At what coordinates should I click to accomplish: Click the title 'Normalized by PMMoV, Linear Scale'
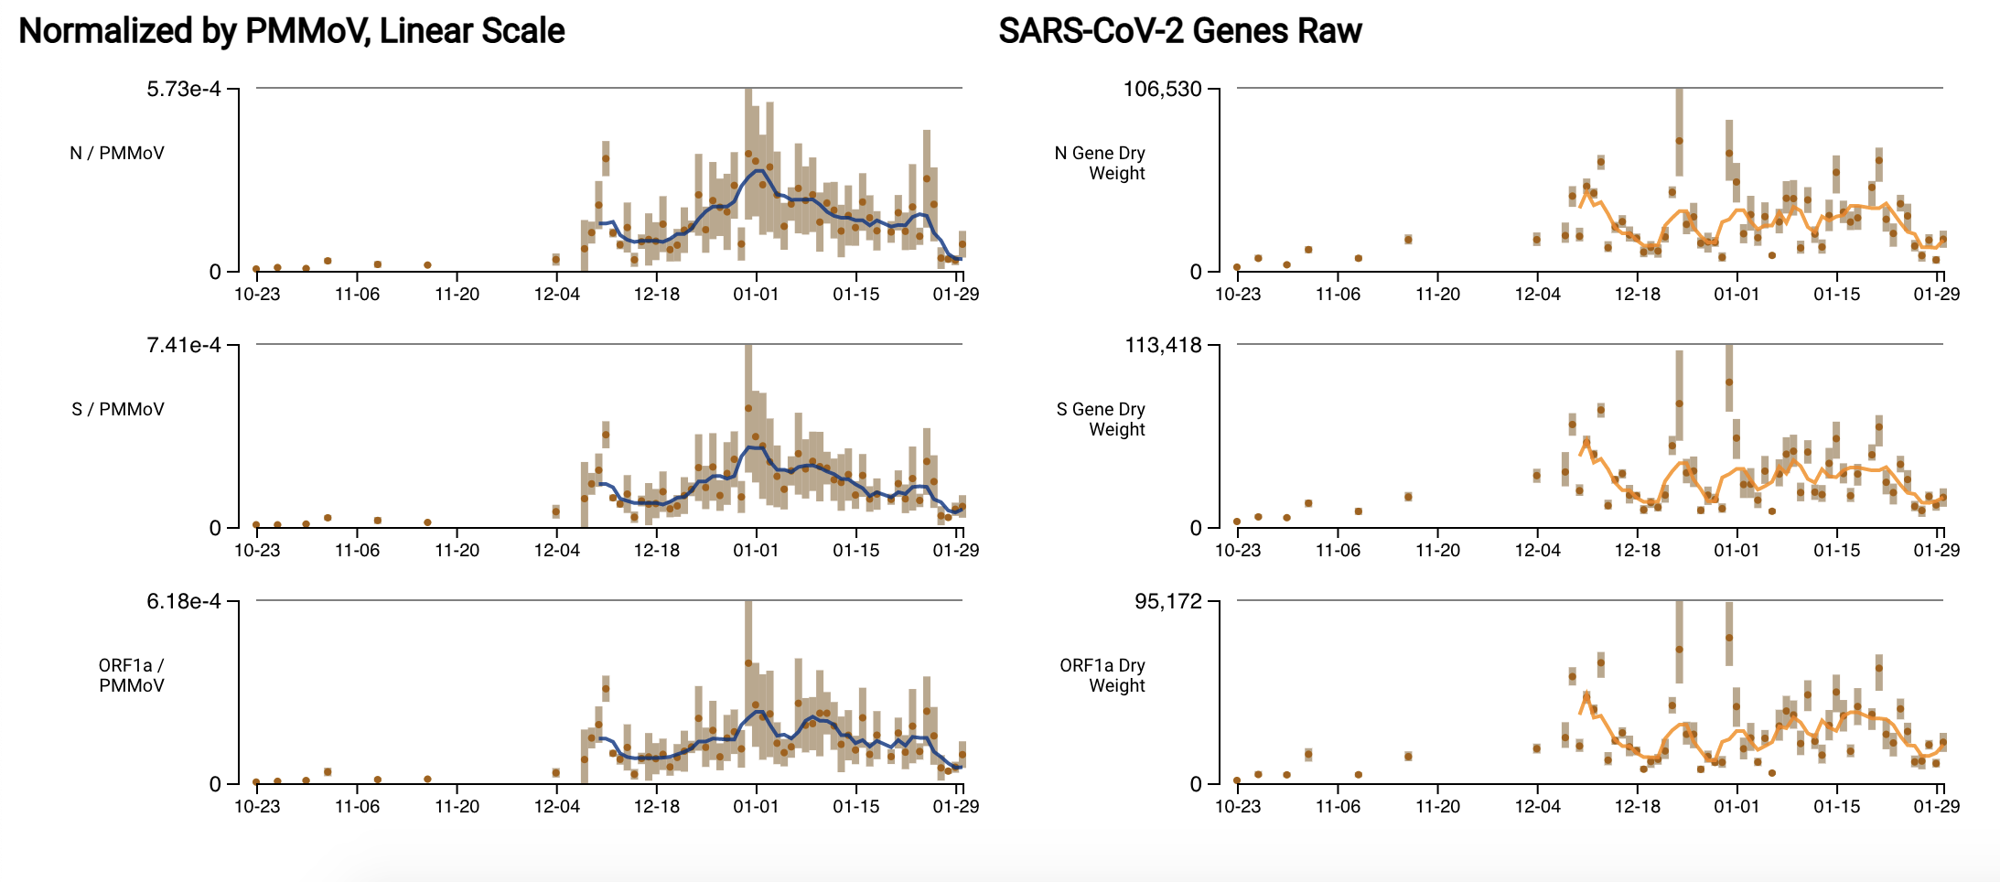point(291,31)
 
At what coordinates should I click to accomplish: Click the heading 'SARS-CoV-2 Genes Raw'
point(1179,31)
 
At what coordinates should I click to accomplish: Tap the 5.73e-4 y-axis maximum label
point(184,89)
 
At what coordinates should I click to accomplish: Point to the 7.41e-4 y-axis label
point(184,345)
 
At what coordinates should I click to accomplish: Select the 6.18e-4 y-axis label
point(184,601)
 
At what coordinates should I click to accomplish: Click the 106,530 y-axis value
point(1162,89)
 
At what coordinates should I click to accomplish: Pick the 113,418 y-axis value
point(1162,345)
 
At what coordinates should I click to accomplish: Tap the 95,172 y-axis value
point(1167,601)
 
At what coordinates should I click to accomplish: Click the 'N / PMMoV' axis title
point(117,153)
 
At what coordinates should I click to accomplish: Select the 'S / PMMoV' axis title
point(118,409)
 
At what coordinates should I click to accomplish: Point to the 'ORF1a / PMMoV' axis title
point(131,675)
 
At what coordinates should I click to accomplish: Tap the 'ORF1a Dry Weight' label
point(1102,675)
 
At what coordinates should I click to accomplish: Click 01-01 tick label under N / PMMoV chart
point(756,294)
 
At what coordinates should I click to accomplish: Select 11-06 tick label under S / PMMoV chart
point(357,550)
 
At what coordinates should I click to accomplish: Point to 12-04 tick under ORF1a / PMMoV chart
point(556,806)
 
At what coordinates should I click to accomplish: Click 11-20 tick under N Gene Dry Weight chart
point(1437,294)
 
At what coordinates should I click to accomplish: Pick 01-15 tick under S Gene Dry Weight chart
point(1836,550)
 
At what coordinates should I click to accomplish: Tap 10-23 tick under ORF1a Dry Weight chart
point(1237,806)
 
